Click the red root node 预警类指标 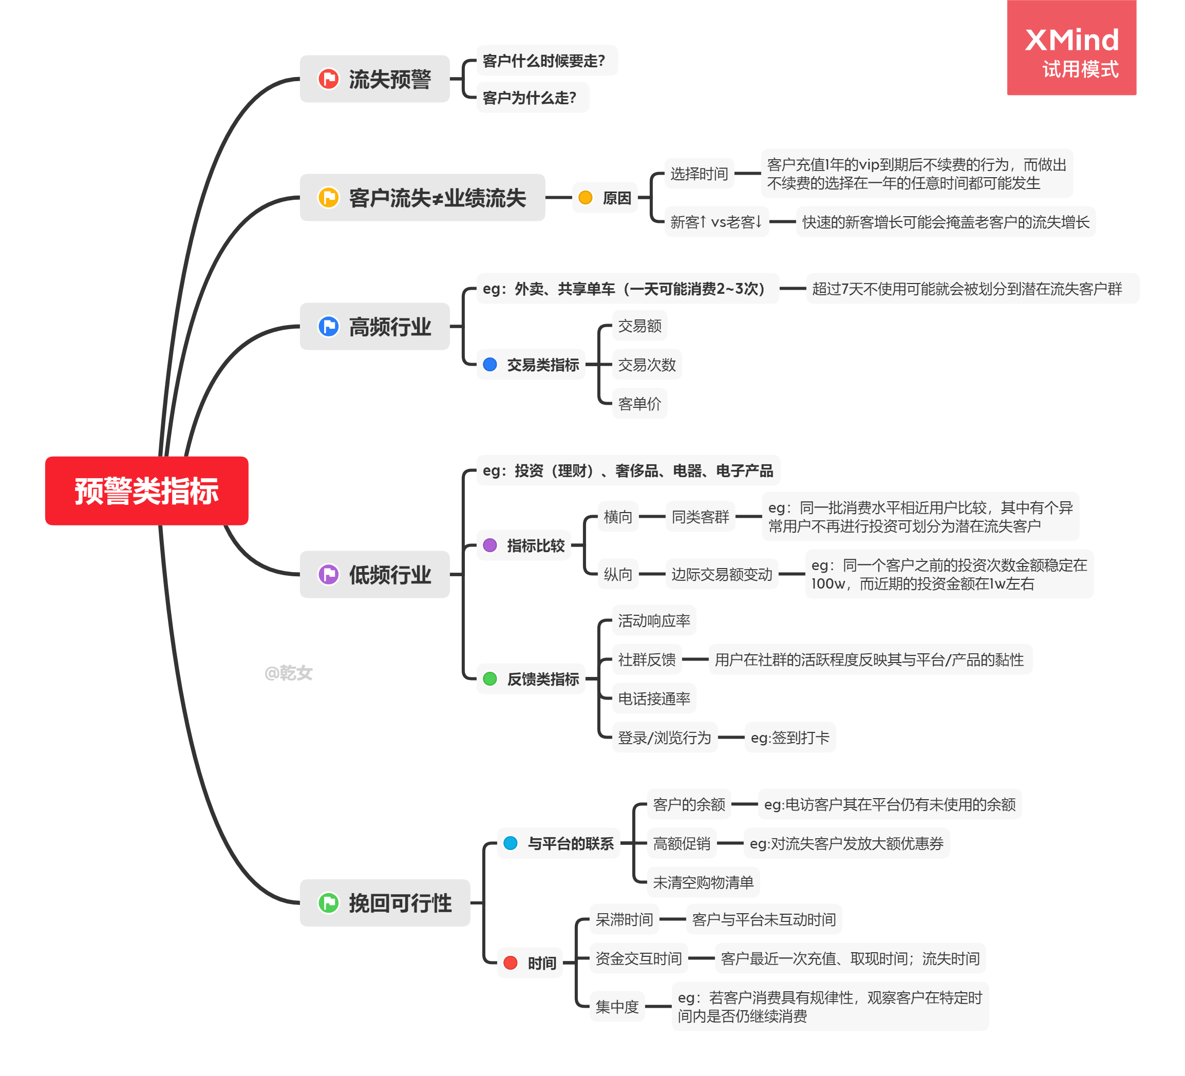[146, 490]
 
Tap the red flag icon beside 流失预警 [328, 79]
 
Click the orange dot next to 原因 [586, 197]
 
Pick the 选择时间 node [699, 174]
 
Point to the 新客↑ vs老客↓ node [716, 222]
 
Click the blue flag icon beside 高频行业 [328, 326]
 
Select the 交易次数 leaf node [647, 365]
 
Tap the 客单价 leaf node [639, 404]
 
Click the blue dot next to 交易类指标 [490, 364]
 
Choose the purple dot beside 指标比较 [490, 545]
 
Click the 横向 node [618, 517]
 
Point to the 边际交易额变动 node [722, 574]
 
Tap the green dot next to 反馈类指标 [490, 679]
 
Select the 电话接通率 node [654, 698]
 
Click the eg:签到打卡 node [789, 738]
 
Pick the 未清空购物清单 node [703, 882]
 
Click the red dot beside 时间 [510, 962]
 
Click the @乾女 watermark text [288, 673]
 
